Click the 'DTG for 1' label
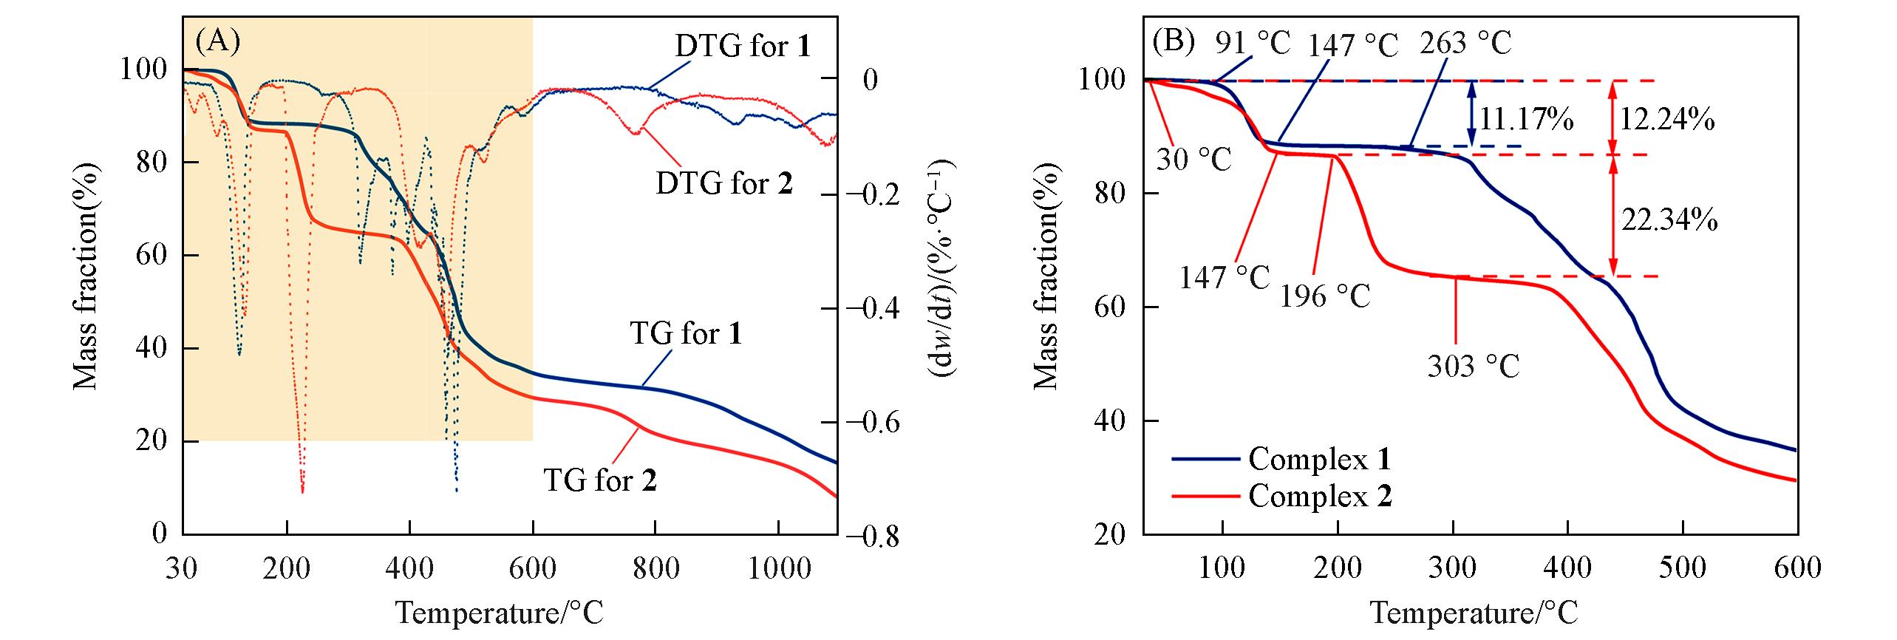[x=742, y=47]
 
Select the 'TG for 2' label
[x=600, y=480]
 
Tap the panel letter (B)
[x=1174, y=42]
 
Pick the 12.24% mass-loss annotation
[x=1666, y=119]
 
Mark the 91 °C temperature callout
[x=1252, y=43]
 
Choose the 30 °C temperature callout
[x=1194, y=159]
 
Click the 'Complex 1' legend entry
[x=1319, y=460]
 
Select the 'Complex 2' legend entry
[x=1319, y=496]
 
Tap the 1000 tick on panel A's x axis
[x=777, y=568]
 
